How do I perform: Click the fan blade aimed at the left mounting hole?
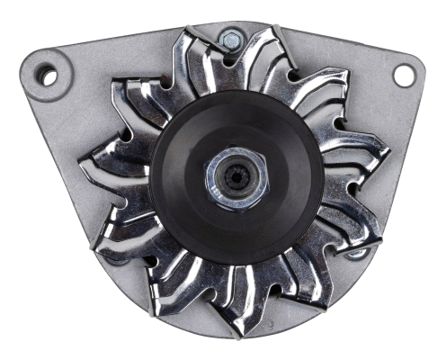click(126, 99)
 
